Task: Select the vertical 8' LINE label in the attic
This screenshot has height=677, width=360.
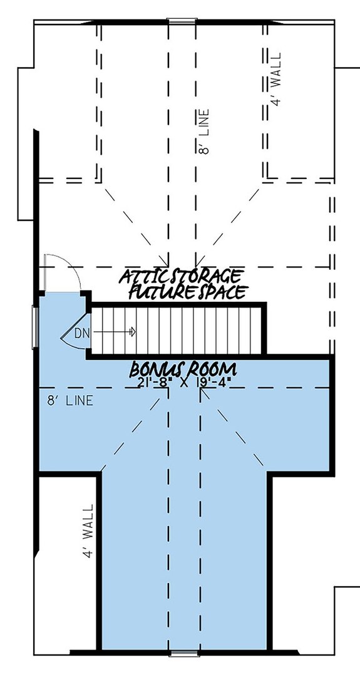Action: pyautogui.click(x=205, y=132)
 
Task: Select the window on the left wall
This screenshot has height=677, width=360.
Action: pyautogui.click(x=35, y=326)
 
